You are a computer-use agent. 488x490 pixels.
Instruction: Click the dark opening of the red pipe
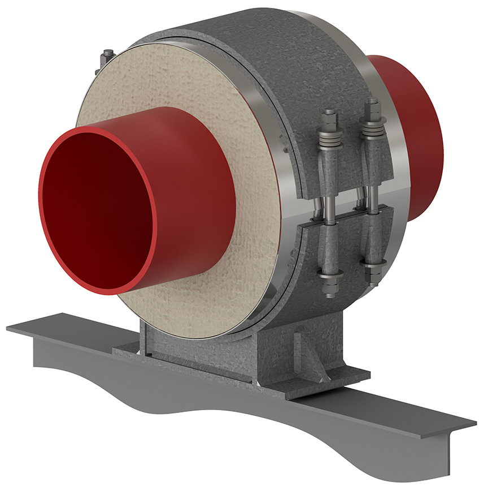point(107,209)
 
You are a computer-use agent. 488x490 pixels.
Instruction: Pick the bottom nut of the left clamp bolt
point(329,277)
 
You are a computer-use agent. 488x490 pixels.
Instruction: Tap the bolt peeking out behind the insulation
point(107,57)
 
